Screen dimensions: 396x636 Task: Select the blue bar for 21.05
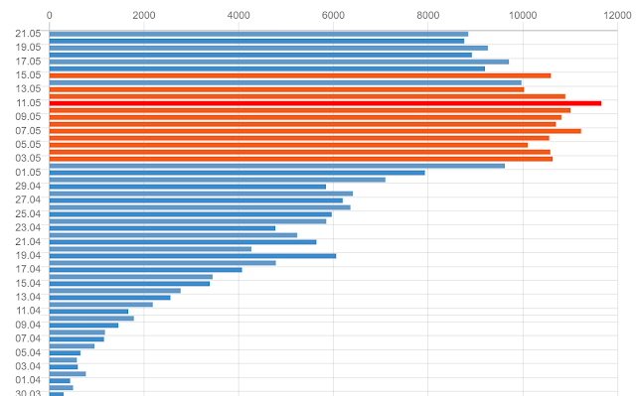click(x=258, y=34)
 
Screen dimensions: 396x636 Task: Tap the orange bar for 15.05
click(x=299, y=74)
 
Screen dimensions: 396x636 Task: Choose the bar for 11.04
click(x=88, y=311)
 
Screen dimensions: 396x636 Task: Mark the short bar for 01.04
click(x=60, y=380)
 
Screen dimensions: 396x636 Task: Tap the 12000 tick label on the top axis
click(x=617, y=15)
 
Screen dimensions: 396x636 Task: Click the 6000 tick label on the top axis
click(x=333, y=15)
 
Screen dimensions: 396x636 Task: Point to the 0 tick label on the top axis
click(x=50, y=15)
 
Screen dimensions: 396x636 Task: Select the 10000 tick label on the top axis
click(x=523, y=15)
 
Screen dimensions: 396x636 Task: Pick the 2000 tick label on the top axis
click(x=144, y=15)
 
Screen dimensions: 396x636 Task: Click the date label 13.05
click(x=28, y=88)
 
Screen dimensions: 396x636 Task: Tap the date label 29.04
click(x=28, y=186)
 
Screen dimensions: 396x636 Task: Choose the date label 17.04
click(x=28, y=269)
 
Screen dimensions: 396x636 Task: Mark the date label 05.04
click(x=28, y=352)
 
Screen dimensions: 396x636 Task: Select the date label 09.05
click(x=28, y=116)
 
